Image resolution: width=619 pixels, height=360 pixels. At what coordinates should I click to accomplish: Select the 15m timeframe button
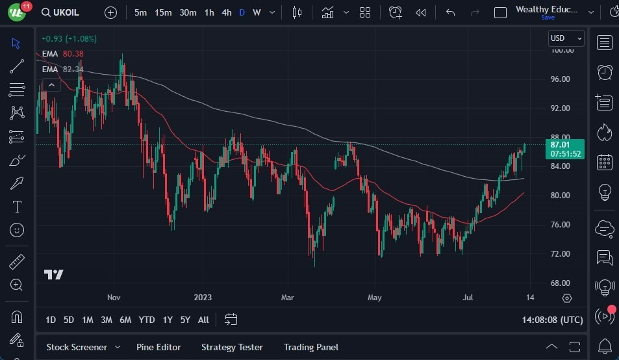click(x=163, y=12)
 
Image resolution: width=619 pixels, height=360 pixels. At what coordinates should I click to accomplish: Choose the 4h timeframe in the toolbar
click(x=226, y=12)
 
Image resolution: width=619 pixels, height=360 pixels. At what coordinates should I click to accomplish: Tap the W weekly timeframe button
click(x=257, y=12)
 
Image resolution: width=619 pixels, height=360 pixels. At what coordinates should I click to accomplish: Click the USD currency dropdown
click(x=566, y=38)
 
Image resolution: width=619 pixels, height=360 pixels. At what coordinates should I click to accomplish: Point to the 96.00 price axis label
click(x=560, y=79)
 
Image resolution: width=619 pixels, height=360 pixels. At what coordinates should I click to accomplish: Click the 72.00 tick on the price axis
click(x=560, y=254)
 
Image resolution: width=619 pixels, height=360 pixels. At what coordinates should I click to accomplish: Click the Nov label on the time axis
click(x=114, y=298)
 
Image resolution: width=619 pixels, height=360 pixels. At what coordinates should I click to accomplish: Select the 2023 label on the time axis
click(x=203, y=298)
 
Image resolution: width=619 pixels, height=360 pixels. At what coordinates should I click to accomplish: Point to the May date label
click(x=374, y=298)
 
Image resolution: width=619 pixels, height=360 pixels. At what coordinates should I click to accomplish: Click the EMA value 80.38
click(x=73, y=54)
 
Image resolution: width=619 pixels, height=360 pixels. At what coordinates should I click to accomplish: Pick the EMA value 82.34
click(x=73, y=69)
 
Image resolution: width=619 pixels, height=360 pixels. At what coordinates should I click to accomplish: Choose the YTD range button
click(x=147, y=320)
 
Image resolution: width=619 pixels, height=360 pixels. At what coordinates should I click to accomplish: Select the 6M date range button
click(x=125, y=320)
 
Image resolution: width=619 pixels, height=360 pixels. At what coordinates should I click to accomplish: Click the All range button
click(x=203, y=320)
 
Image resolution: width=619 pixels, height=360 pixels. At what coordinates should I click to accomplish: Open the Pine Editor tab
click(x=158, y=347)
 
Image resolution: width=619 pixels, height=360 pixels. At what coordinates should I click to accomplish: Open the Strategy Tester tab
click(x=232, y=347)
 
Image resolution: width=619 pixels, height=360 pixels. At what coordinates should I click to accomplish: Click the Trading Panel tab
click(x=311, y=347)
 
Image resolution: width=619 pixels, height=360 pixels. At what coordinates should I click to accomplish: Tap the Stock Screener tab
click(x=77, y=347)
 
